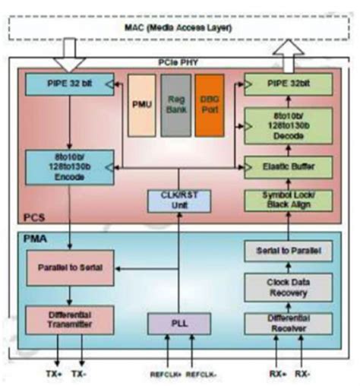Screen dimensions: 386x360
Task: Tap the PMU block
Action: click(x=142, y=105)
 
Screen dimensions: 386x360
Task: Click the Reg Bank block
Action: click(x=175, y=105)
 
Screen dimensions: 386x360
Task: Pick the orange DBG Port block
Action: click(x=210, y=105)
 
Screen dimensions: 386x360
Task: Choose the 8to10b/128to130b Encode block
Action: click(x=68, y=167)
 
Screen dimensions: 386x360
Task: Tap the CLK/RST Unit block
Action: click(x=178, y=201)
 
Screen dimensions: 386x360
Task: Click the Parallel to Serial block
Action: click(x=68, y=268)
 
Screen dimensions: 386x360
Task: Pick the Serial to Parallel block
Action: click(x=289, y=252)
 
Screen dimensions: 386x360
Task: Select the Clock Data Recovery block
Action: click(x=289, y=285)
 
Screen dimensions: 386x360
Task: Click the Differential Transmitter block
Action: click(x=68, y=319)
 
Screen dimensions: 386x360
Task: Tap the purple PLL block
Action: click(x=178, y=322)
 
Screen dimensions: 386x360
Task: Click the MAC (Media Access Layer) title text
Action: click(x=180, y=29)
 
